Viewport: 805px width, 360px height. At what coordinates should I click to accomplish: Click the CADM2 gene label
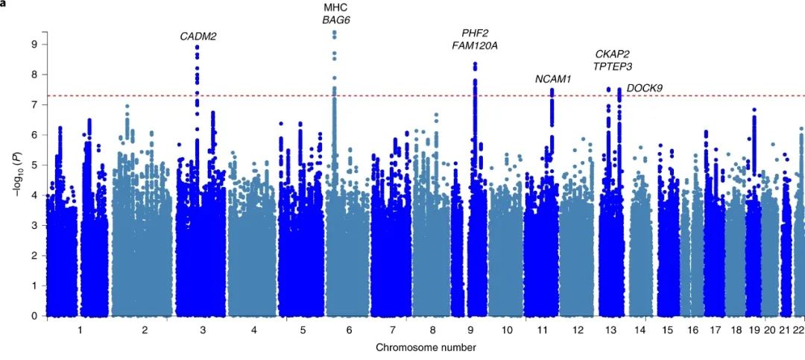[x=198, y=37]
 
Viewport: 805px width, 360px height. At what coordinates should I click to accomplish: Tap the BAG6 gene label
[x=335, y=20]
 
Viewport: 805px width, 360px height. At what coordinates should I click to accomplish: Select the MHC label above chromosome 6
[x=335, y=7]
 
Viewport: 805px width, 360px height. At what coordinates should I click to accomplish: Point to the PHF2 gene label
[x=475, y=33]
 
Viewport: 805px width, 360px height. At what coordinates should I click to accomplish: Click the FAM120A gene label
[x=475, y=45]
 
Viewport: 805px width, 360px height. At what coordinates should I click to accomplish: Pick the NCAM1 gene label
[x=553, y=79]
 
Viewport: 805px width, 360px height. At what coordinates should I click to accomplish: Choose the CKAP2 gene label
[x=613, y=54]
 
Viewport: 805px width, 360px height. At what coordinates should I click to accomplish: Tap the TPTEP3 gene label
[x=613, y=66]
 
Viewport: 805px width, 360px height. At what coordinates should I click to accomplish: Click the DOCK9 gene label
[x=645, y=88]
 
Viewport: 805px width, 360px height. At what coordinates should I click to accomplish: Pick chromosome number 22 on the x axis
[x=798, y=329]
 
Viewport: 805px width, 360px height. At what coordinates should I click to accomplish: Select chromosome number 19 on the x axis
[x=754, y=329]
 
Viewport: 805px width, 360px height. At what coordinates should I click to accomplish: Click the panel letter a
[x=3, y=3]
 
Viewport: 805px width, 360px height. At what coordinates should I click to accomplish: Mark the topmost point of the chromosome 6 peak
[x=335, y=32]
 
